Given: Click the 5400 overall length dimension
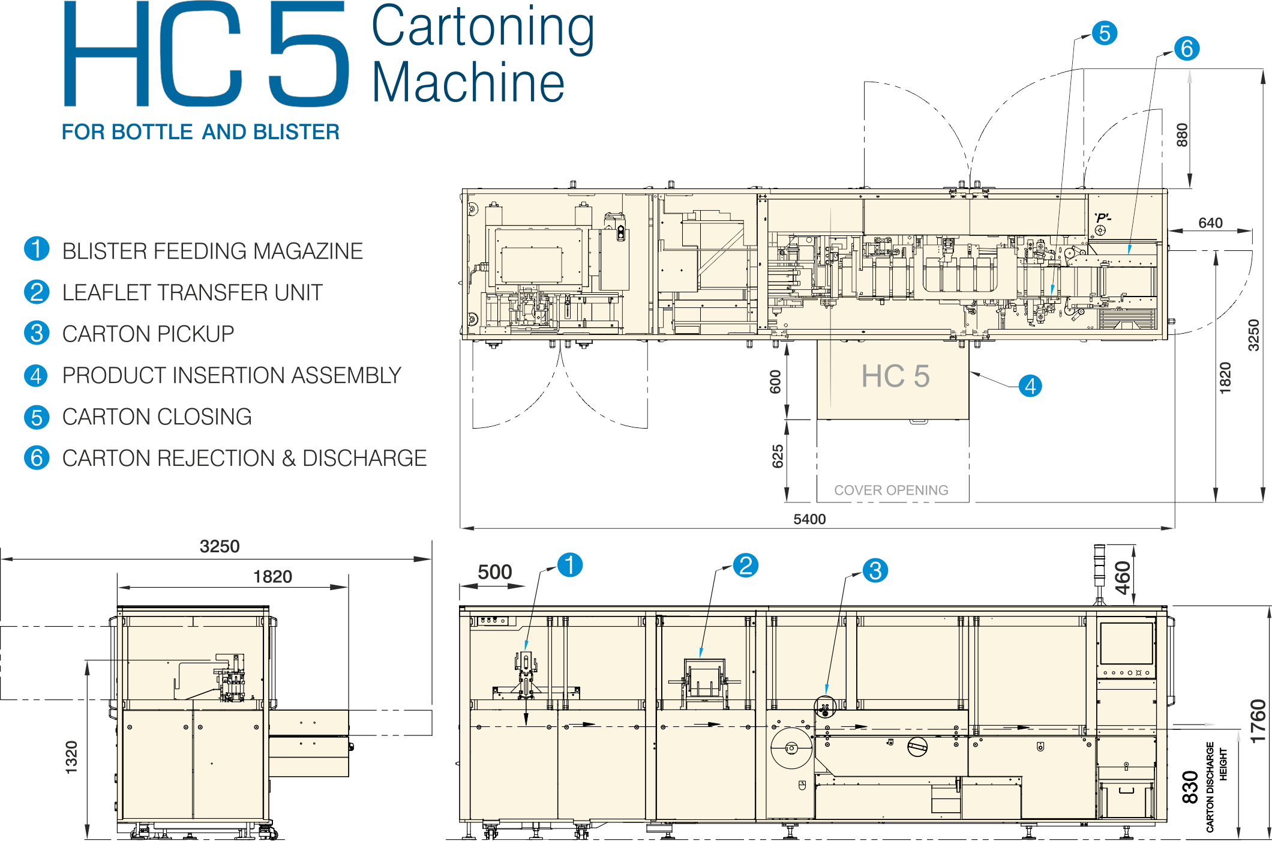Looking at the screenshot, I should pyautogui.click(x=809, y=519).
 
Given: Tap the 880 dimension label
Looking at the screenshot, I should pyautogui.click(x=1181, y=135).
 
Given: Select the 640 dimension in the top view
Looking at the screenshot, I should pyautogui.click(x=1210, y=223).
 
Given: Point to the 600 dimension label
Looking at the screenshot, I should pyautogui.click(x=775, y=382).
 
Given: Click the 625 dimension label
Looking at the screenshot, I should pyautogui.click(x=777, y=456).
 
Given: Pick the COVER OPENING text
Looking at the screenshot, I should pyautogui.click(x=891, y=490).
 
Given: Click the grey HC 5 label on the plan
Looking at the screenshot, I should pyautogui.click(x=895, y=376).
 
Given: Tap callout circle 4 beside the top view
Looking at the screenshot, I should pyautogui.click(x=1030, y=386).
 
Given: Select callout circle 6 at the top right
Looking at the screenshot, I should pyautogui.click(x=1187, y=49).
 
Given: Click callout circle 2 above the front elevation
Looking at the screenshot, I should pyautogui.click(x=746, y=565).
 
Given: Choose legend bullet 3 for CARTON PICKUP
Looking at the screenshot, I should pyautogui.click(x=37, y=333).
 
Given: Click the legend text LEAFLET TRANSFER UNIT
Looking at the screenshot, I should pyautogui.click(x=192, y=293).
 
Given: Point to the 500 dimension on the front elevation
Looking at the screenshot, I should pyautogui.click(x=494, y=572).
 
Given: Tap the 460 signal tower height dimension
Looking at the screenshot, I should pyautogui.click(x=1123, y=577).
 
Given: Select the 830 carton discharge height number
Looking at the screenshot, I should pyautogui.click(x=1190, y=787).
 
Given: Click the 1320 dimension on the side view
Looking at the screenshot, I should pyautogui.click(x=71, y=757).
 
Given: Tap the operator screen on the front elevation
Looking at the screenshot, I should pyautogui.click(x=1127, y=643).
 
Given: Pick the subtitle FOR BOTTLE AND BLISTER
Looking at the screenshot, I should pyautogui.click(x=200, y=132).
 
